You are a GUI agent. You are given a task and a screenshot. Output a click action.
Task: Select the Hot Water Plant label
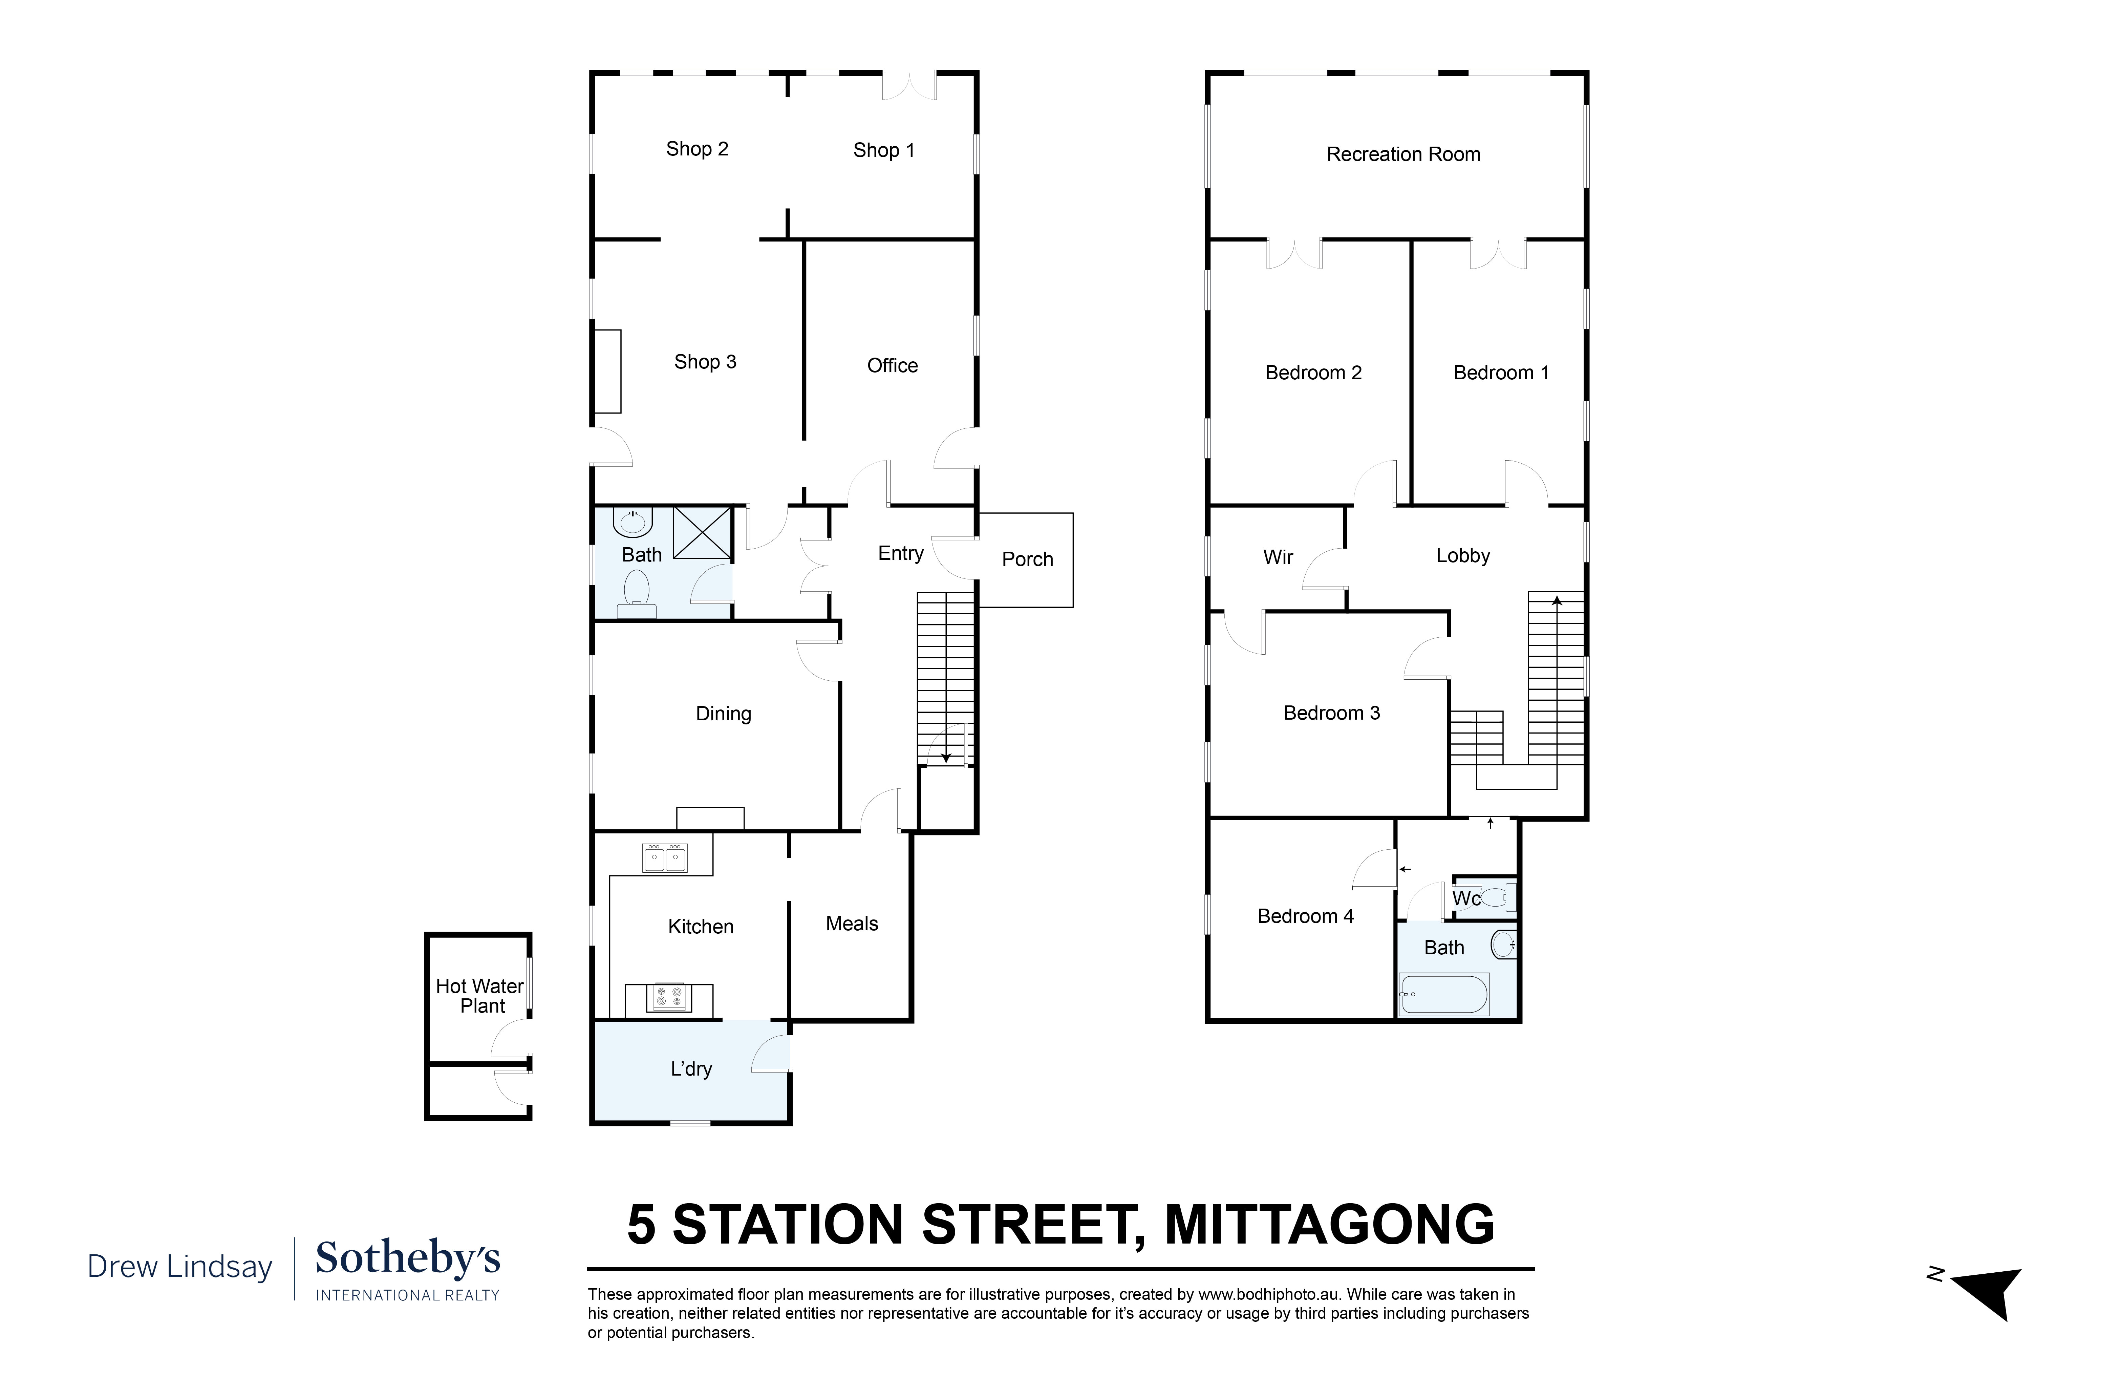coord(480,996)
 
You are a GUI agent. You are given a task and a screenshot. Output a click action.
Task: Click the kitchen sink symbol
coord(665,858)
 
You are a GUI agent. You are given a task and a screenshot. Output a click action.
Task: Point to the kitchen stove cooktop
coord(669,997)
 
